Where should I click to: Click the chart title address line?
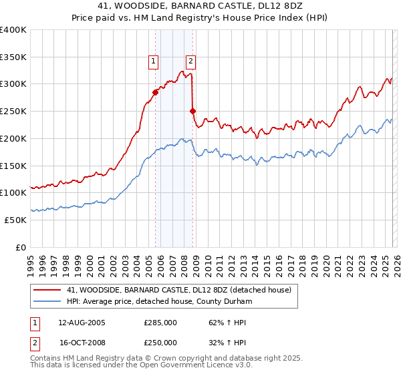200,6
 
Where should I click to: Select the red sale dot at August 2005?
155,92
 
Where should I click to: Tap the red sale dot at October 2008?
193,111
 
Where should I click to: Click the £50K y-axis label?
15,220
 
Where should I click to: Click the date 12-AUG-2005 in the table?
82,323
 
